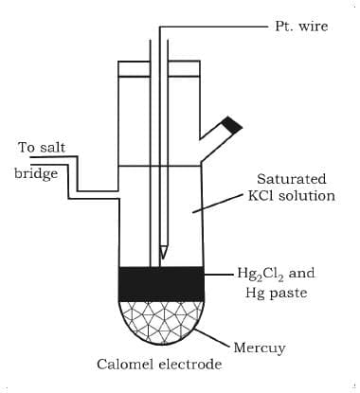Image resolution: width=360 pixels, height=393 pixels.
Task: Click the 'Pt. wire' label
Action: coord(300,27)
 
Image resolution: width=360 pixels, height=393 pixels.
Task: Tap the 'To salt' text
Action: coord(41,148)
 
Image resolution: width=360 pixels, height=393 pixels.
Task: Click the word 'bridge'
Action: coord(36,175)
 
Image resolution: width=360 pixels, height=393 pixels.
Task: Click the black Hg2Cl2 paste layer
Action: coord(160,283)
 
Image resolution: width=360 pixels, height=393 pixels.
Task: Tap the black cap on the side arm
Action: coord(231,124)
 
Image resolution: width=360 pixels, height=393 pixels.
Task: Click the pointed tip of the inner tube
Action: coord(164,254)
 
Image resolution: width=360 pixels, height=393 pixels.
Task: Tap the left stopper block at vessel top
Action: coord(134,68)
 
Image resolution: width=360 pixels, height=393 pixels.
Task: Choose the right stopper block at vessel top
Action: coord(186,68)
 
